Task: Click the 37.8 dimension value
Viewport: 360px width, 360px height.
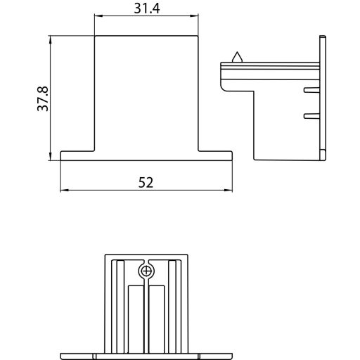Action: pyautogui.click(x=43, y=99)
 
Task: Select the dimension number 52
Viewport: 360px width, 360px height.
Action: pyautogui.click(x=146, y=182)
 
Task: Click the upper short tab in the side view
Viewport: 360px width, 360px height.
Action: pyautogui.click(x=310, y=90)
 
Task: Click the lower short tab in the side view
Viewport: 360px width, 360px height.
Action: pyautogui.click(x=310, y=115)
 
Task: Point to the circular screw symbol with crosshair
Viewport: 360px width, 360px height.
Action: pyautogui.click(x=146, y=271)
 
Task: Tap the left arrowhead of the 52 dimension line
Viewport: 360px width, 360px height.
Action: pyautogui.click(x=63, y=190)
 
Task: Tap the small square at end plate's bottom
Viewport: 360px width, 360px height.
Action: pyautogui.click(x=323, y=153)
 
